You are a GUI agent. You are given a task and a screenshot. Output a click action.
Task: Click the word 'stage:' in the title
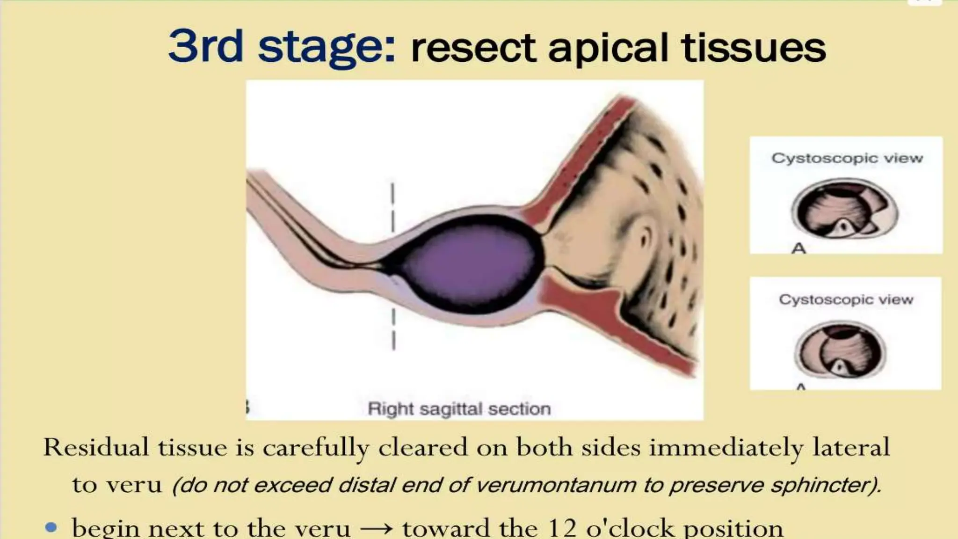pyautogui.click(x=327, y=47)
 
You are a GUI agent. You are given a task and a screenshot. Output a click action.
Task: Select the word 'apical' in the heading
pyautogui.click(x=609, y=49)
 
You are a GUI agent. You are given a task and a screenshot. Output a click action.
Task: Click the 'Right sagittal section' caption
pyautogui.click(x=459, y=409)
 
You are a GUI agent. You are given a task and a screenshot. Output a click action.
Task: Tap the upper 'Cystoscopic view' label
pyautogui.click(x=847, y=158)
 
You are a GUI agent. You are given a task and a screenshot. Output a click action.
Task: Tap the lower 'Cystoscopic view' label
pyautogui.click(x=846, y=299)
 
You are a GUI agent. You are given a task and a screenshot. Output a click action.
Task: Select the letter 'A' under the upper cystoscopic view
pyautogui.click(x=798, y=248)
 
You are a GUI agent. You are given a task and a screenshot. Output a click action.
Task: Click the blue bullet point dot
pyautogui.click(x=51, y=528)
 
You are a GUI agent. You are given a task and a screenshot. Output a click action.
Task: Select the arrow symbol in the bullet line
pyautogui.click(x=376, y=529)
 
